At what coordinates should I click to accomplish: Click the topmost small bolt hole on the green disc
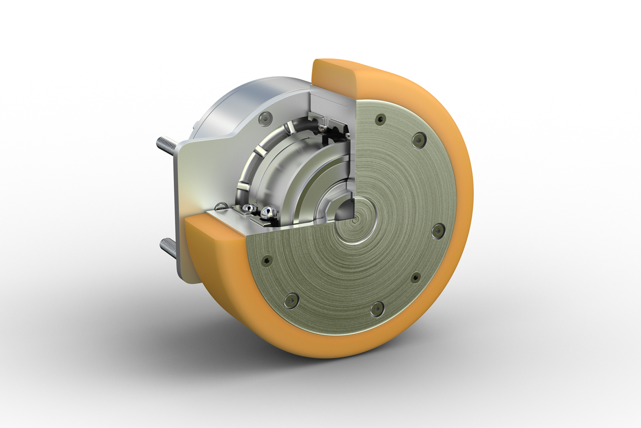click(380, 119)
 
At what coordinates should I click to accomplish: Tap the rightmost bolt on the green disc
click(438, 230)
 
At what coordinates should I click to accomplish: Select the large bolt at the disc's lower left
click(290, 300)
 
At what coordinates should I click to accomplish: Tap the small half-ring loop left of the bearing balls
click(221, 206)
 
